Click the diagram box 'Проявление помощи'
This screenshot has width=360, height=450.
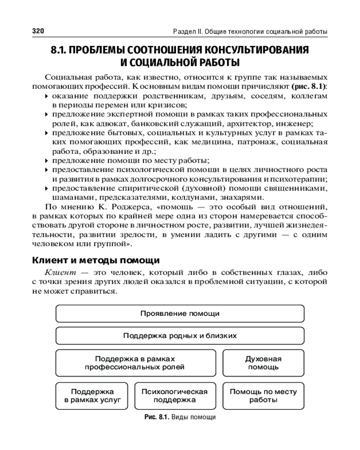click(x=180, y=314)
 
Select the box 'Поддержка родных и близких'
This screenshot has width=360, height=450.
click(x=180, y=336)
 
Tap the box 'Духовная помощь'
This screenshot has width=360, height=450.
click(x=263, y=363)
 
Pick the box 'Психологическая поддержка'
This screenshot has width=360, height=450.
click(x=175, y=396)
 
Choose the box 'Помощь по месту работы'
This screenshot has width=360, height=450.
click(x=263, y=396)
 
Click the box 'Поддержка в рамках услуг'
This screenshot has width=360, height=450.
click(x=92, y=396)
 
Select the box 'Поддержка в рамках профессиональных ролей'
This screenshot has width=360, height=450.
click(x=135, y=363)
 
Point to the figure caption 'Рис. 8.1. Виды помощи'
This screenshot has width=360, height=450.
click(x=180, y=417)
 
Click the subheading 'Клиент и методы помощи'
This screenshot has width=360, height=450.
click(x=96, y=261)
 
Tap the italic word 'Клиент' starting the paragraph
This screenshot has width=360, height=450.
click(x=58, y=273)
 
